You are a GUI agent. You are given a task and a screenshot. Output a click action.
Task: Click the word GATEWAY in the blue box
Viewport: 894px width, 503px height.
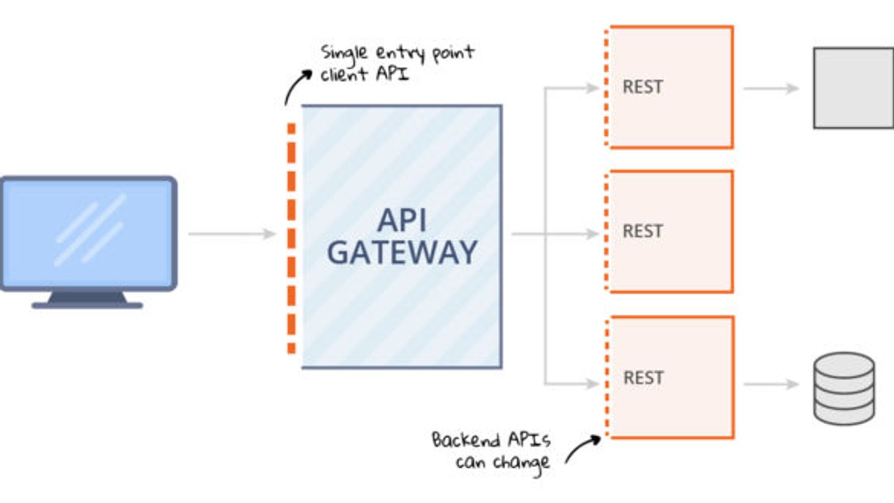click(402, 253)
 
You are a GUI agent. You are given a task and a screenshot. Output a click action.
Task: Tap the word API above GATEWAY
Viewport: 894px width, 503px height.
click(402, 220)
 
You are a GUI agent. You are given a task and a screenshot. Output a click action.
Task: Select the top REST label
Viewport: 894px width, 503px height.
click(643, 87)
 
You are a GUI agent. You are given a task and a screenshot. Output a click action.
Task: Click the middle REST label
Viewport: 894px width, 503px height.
click(643, 231)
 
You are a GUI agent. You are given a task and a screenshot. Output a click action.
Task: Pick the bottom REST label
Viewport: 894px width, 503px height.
click(643, 378)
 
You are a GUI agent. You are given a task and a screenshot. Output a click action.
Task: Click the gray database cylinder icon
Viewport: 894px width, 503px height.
click(844, 388)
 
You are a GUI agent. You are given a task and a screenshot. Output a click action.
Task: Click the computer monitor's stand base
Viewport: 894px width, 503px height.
click(87, 305)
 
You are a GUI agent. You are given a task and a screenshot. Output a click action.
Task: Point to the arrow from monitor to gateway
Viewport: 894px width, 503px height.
click(231, 234)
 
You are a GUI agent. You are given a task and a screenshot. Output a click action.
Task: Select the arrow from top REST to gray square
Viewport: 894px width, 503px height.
click(771, 88)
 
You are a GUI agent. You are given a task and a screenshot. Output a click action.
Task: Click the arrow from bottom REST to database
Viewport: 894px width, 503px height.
click(771, 384)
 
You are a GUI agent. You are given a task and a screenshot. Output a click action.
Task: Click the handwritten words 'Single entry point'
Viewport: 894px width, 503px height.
click(397, 53)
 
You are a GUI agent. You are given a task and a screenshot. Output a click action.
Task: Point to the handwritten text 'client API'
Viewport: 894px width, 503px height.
click(364, 74)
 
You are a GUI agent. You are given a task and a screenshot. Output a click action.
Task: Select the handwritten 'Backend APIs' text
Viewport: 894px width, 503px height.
click(491, 440)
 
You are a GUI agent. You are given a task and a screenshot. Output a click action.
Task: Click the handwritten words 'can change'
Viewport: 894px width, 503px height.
click(502, 463)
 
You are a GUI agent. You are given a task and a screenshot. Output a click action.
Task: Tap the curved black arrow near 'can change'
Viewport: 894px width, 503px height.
click(582, 448)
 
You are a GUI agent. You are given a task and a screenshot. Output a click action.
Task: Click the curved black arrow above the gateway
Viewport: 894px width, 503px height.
click(296, 86)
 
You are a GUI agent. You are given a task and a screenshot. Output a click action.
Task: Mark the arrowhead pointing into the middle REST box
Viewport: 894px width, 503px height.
click(593, 234)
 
